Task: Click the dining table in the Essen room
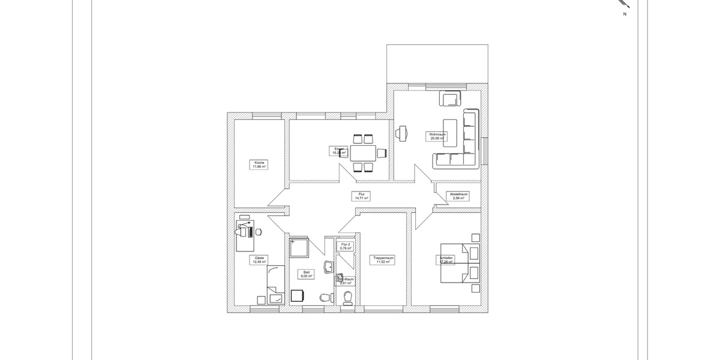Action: (x=363, y=153)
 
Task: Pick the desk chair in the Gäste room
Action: (x=259, y=232)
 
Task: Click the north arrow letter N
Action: (x=625, y=13)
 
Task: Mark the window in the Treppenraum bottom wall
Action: (x=384, y=310)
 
